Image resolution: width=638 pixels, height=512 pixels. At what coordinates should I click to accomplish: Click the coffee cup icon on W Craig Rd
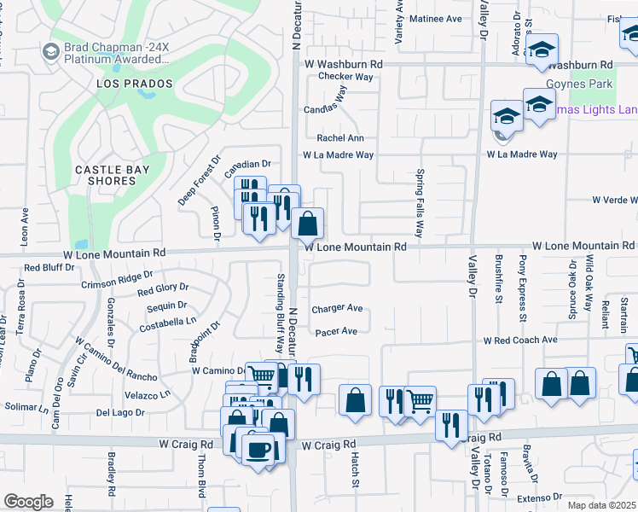tap(258, 448)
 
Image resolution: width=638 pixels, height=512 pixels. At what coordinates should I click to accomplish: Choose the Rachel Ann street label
tap(340, 138)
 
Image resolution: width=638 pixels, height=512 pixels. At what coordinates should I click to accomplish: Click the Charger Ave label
tap(337, 309)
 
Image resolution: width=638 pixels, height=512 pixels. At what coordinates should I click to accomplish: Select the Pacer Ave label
tap(335, 332)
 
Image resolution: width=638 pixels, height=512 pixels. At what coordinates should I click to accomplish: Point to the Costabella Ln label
tap(156, 322)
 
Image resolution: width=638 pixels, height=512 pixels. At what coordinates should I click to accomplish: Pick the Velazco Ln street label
tap(135, 394)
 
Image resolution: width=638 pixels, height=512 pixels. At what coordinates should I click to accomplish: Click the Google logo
tap(28, 501)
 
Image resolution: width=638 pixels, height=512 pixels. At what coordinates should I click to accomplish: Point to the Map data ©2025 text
tap(602, 505)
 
